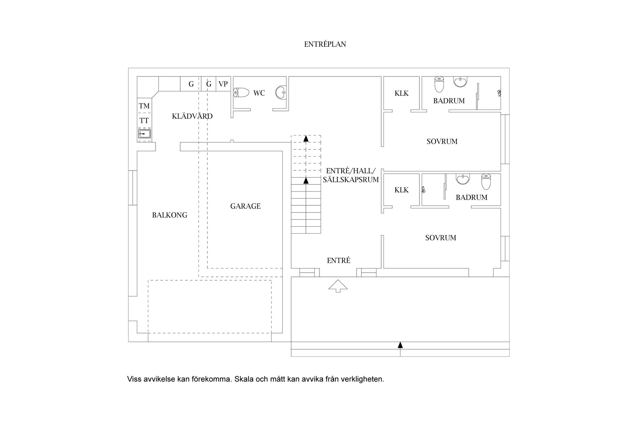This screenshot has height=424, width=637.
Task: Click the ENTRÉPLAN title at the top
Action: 325,44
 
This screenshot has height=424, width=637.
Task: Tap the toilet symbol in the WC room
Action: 241,93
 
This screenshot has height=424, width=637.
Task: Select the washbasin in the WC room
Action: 281,93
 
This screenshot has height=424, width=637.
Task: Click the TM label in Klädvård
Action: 144,106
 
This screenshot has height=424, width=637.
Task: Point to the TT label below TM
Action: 144,121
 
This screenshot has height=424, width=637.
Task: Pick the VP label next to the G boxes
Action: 223,84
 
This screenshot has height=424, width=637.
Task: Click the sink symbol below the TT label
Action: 144,134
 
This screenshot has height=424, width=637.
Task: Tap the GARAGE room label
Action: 245,206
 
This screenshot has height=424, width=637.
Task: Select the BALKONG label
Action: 170,215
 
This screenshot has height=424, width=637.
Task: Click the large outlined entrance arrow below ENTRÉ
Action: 338,286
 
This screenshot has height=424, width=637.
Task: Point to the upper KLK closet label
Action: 401,93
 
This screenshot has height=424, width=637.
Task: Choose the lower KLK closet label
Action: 401,190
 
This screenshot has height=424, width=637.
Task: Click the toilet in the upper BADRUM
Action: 439,84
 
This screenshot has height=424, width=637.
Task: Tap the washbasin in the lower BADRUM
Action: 462,179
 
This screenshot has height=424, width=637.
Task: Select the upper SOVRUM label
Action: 442,142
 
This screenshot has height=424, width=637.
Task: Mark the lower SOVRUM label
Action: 441,238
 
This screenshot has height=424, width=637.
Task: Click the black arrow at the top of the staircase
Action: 306,138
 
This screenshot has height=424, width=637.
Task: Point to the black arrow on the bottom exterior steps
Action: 400,345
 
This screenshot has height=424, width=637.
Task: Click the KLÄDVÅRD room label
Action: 192,116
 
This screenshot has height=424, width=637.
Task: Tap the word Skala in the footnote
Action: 243,379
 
